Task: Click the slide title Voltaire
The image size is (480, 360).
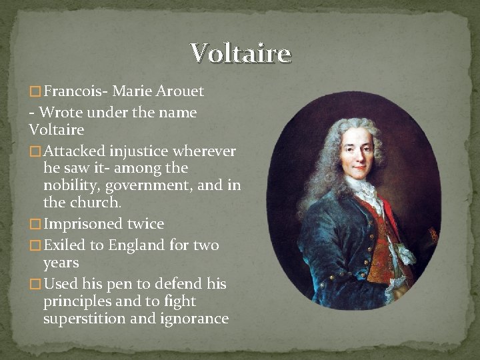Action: [240, 53]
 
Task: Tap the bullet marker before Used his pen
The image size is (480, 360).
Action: [35, 285]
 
